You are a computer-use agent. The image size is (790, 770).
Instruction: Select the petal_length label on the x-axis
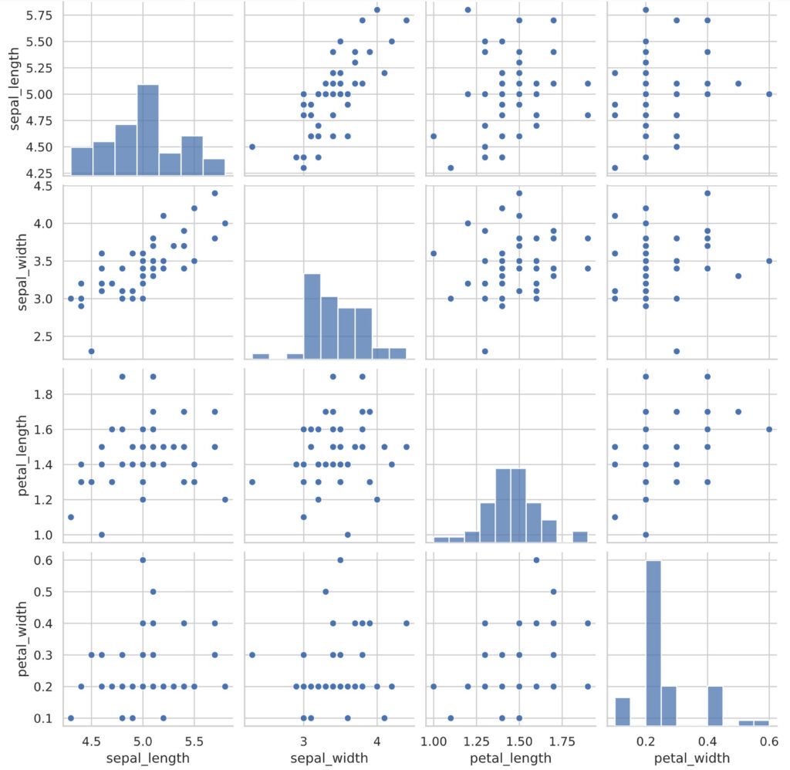click(510, 758)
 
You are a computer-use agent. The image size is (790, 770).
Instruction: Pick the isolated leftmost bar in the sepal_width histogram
click(261, 356)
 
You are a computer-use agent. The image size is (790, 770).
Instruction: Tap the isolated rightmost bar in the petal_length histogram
click(580, 537)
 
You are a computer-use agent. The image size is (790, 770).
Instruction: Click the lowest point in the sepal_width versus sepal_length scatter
click(91, 351)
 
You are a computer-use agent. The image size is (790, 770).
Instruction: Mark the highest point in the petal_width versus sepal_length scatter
click(143, 560)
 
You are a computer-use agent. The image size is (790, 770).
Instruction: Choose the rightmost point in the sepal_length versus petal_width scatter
click(769, 94)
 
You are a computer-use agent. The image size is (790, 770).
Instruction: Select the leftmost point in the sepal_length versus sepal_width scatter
click(252, 147)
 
